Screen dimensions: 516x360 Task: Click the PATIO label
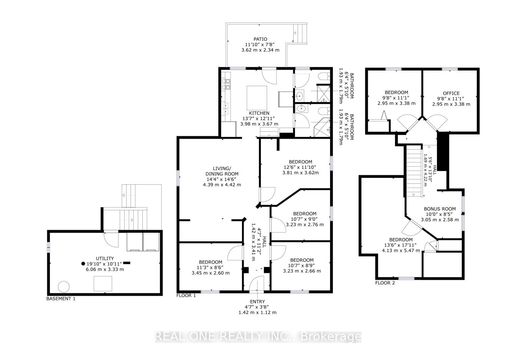click(x=260, y=39)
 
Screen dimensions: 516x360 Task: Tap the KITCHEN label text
click(x=259, y=113)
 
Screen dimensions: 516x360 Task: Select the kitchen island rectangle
click(x=257, y=98)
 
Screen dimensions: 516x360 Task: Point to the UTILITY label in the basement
click(x=105, y=258)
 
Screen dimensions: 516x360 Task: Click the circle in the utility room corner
click(x=63, y=287)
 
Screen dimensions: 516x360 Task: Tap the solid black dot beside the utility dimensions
click(x=83, y=264)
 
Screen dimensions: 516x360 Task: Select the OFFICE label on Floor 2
click(x=451, y=93)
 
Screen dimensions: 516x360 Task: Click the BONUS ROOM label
click(x=440, y=209)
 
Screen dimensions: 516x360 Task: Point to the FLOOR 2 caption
click(x=385, y=283)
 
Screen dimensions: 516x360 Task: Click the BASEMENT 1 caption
click(x=61, y=299)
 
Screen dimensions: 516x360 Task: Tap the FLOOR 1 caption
click(x=186, y=295)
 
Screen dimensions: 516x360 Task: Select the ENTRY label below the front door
click(x=257, y=302)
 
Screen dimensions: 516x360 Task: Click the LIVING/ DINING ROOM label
click(x=222, y=171)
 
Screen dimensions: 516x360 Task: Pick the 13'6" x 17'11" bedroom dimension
click(x=401, y=245)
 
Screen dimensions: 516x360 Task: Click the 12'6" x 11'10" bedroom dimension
click(x=300, y=167)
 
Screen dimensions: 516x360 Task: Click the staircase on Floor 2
click(x=414, y=171)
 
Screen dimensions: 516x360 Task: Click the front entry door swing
click(x=256, y=283)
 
